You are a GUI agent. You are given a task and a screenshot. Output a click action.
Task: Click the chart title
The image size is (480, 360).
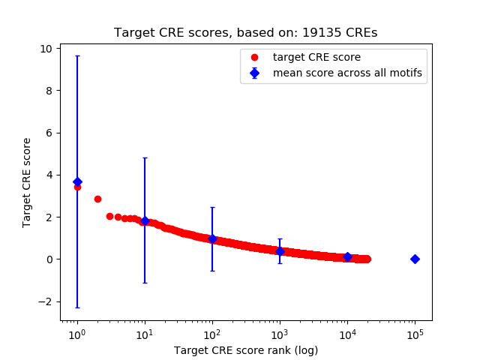(x=245, y=33)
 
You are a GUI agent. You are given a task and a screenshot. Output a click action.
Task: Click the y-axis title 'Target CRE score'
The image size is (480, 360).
(x=27, y=182)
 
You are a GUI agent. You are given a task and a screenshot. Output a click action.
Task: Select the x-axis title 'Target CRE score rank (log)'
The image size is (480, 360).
(x=245, y=350)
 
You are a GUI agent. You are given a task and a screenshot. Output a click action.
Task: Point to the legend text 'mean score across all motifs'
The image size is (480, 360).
(x=347, y=73)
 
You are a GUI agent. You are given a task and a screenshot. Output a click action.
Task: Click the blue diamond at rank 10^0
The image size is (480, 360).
(x=77, y=181)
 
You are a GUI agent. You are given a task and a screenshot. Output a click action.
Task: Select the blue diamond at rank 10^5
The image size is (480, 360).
(x=415, y=259)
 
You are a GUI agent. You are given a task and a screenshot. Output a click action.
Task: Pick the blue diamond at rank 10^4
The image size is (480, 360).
(x=347, y=256)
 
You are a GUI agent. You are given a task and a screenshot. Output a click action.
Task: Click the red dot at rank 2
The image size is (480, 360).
(x=97, y=199)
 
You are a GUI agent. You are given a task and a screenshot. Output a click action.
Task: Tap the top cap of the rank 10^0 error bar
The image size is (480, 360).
(x=77, y=55)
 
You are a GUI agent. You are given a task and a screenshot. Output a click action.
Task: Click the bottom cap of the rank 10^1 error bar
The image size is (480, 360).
(x=145, y=283)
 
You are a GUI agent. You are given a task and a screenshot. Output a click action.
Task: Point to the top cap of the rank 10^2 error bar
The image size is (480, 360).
(x=212, y=207)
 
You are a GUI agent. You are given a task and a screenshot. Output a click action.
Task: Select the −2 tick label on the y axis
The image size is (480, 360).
(x=45, y=301)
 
